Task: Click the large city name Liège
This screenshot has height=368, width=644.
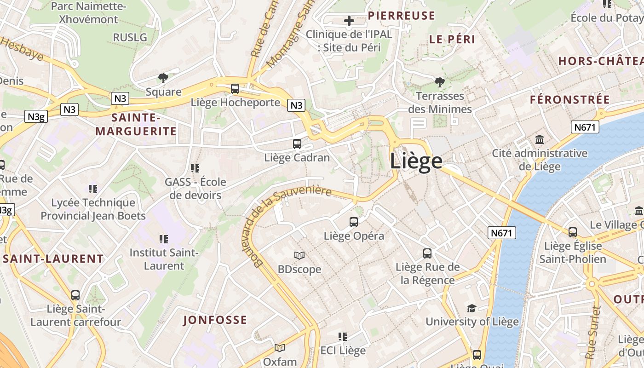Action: [416, 161]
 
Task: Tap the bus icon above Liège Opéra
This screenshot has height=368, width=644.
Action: [354, 222]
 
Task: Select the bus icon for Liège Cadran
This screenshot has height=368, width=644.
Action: [297, 144]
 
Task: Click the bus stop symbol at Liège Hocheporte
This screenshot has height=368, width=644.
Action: [235, 89]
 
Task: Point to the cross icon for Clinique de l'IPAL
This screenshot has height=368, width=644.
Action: [349, 21]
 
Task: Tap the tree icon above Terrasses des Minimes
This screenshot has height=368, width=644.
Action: [440, 82]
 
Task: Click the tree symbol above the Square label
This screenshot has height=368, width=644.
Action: [163, 78]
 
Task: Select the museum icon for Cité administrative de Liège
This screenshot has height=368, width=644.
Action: [540, 139]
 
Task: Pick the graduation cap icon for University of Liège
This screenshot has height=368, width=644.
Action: [471, 308]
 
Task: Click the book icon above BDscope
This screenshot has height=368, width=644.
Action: [299, 255]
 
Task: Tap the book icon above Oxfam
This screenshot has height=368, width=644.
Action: [280, 348]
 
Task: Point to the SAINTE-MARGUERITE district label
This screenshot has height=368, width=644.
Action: [136, 125]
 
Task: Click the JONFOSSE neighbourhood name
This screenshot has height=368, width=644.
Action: [215, 320]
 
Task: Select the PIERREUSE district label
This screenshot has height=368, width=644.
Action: [402, 16]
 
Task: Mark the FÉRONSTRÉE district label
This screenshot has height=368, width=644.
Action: [570, 100]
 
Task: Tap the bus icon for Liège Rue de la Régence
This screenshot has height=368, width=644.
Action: [427, 253]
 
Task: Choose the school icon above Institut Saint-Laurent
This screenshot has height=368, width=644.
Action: [164, 239]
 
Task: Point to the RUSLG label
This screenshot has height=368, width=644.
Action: [130, 37]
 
